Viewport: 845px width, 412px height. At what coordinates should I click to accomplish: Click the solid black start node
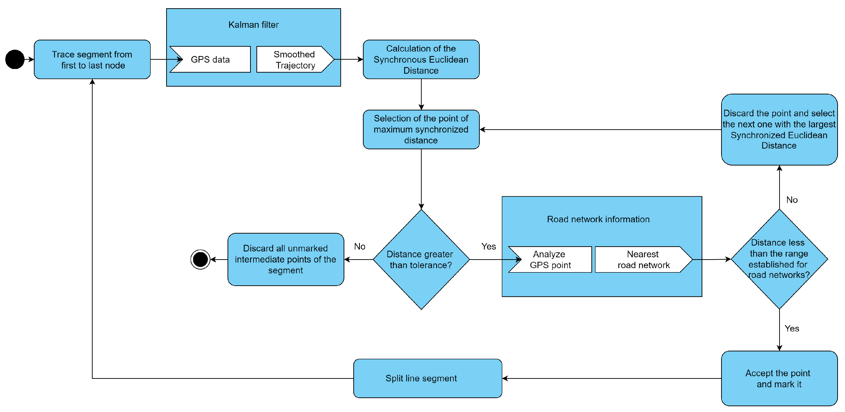tap(15, 60)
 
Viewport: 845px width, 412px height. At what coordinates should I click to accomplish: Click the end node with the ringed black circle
tap(200, 259)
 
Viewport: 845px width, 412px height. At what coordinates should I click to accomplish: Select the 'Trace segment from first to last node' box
tap(92, 60)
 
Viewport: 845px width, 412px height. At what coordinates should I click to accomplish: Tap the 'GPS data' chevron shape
tap(210, 60)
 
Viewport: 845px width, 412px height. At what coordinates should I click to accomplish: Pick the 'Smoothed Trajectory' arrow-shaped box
tap(294, 60)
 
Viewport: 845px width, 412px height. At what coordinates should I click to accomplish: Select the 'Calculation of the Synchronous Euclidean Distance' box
tap(421, 60)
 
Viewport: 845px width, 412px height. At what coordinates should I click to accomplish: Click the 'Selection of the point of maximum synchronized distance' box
tap(421, 129)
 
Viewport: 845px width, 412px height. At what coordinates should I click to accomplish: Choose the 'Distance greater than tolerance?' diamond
tap(421, 259)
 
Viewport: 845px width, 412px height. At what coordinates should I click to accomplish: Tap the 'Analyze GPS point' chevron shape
tap(550, 259)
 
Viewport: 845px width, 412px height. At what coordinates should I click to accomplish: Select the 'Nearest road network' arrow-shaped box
tap(643, 259)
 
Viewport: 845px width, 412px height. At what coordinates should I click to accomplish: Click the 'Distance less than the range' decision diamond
tap(779, 259)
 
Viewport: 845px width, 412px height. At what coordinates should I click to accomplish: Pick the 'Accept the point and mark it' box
tap(779, 379)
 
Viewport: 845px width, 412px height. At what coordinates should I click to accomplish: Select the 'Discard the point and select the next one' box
tap(779, 129)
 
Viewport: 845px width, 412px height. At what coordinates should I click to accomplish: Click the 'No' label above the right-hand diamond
tap(792, 200)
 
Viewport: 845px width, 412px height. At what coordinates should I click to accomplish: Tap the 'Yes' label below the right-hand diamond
tap(792, 329)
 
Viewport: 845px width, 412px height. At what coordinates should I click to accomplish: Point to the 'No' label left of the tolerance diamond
tap(360, 246)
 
